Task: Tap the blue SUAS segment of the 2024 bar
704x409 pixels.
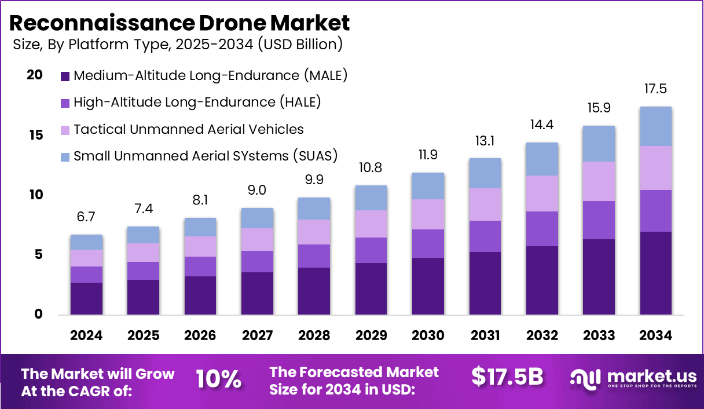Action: pyautogui.click(x=86, y=242)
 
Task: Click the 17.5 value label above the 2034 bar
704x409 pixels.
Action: pyautogui.click(x=655, y=89)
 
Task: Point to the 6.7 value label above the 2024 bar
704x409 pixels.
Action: pyautogui.click(x=86, y=217)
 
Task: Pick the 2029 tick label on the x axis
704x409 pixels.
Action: pyautogui.click(x=371, y=335)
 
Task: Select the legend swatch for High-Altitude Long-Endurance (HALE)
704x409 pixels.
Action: pyautogui.click(x=65, y=103)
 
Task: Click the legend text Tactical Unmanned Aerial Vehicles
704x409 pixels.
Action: pyautogui.click(x=189, y=129)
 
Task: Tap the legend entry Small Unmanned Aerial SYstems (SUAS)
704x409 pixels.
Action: pyautogui.click(x=206, y=156)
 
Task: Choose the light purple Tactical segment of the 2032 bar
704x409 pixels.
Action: pyautogui.click(x=542, y=193)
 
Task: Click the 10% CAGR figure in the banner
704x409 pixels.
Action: pyautogui.click(x=218, y=379)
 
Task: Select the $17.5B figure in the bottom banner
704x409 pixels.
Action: pyautogui.click(x=507, y=377)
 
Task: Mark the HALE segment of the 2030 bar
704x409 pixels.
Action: pyautogui.click(x=428, y=243)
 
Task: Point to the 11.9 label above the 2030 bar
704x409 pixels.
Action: pyautogui.click(x=428, y=155)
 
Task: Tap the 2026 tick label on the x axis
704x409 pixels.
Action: pyautogui.click(x=200, y=335)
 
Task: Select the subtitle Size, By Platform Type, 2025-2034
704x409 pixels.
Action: pyautogui.click(x=177, y=44)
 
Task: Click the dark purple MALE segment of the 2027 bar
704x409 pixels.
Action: pyautogui.click(x=257, y=293)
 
